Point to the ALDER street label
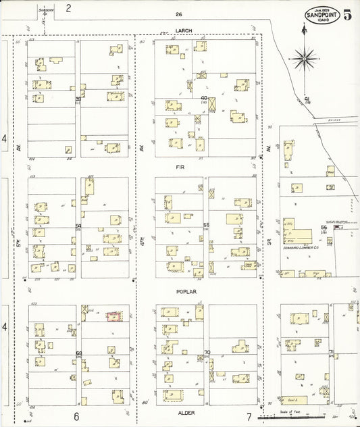[x=185, y=411]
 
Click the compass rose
[x=306, y=59]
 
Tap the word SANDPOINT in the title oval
[x=322, y=15]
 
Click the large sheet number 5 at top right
[x=347, y=16]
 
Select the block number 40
[x=203, y=98]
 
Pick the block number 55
[x=206, y=225]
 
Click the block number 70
[x=207, y=352]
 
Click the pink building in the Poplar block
[x=114, y=316]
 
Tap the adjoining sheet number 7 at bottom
[x=249, y=417]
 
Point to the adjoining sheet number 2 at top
[x=68, y=8]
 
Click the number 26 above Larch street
[x=178, y=14]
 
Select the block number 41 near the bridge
[x=307, y=99]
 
